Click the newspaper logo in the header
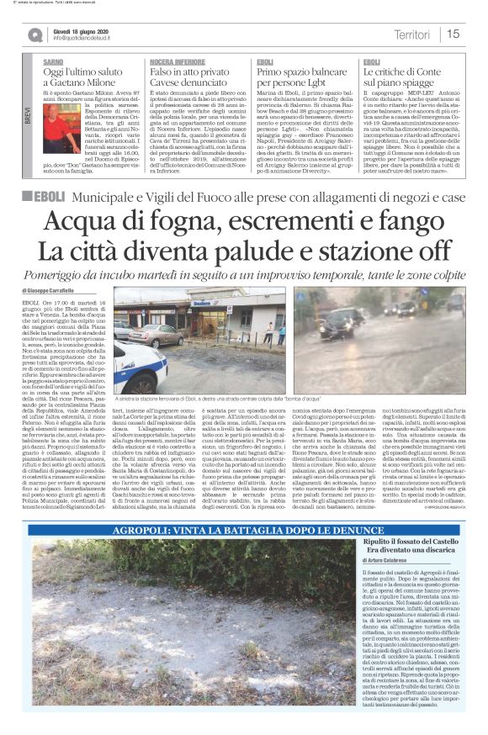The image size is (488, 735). point(34,34)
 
